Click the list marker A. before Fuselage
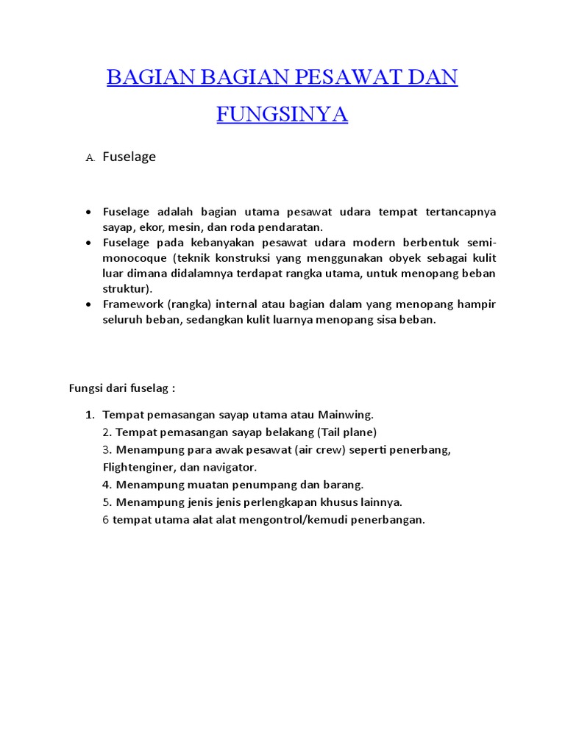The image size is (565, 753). click(x=90, y=158)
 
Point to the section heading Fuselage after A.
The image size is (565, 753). click(x=129, y=157)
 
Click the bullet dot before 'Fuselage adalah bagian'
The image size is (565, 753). click(x=88, y=212)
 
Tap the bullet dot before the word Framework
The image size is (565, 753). click(x=88, y=304)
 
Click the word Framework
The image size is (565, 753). click(x=132, y=304)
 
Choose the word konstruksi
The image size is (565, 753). click(x=249, y=258)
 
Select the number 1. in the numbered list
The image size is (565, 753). click(x=90, y=415)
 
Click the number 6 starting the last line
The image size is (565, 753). click(x=106, y=520)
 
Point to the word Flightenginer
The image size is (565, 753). click(x=137, y=467)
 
